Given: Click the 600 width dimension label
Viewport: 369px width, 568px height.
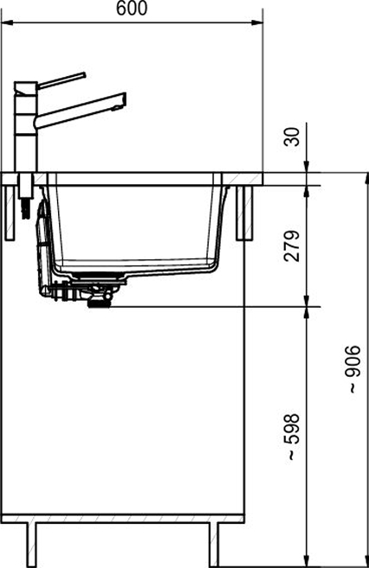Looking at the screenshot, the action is point(132,8).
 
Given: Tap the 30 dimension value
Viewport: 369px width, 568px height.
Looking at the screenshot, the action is point(293,137).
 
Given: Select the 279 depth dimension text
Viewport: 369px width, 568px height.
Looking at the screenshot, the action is point(293,246).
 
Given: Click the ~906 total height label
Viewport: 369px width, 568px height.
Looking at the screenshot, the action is point(353,369).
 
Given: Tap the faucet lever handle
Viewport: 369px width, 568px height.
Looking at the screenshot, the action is point(61,80).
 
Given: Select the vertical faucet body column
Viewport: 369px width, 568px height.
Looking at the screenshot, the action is point(25,127).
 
